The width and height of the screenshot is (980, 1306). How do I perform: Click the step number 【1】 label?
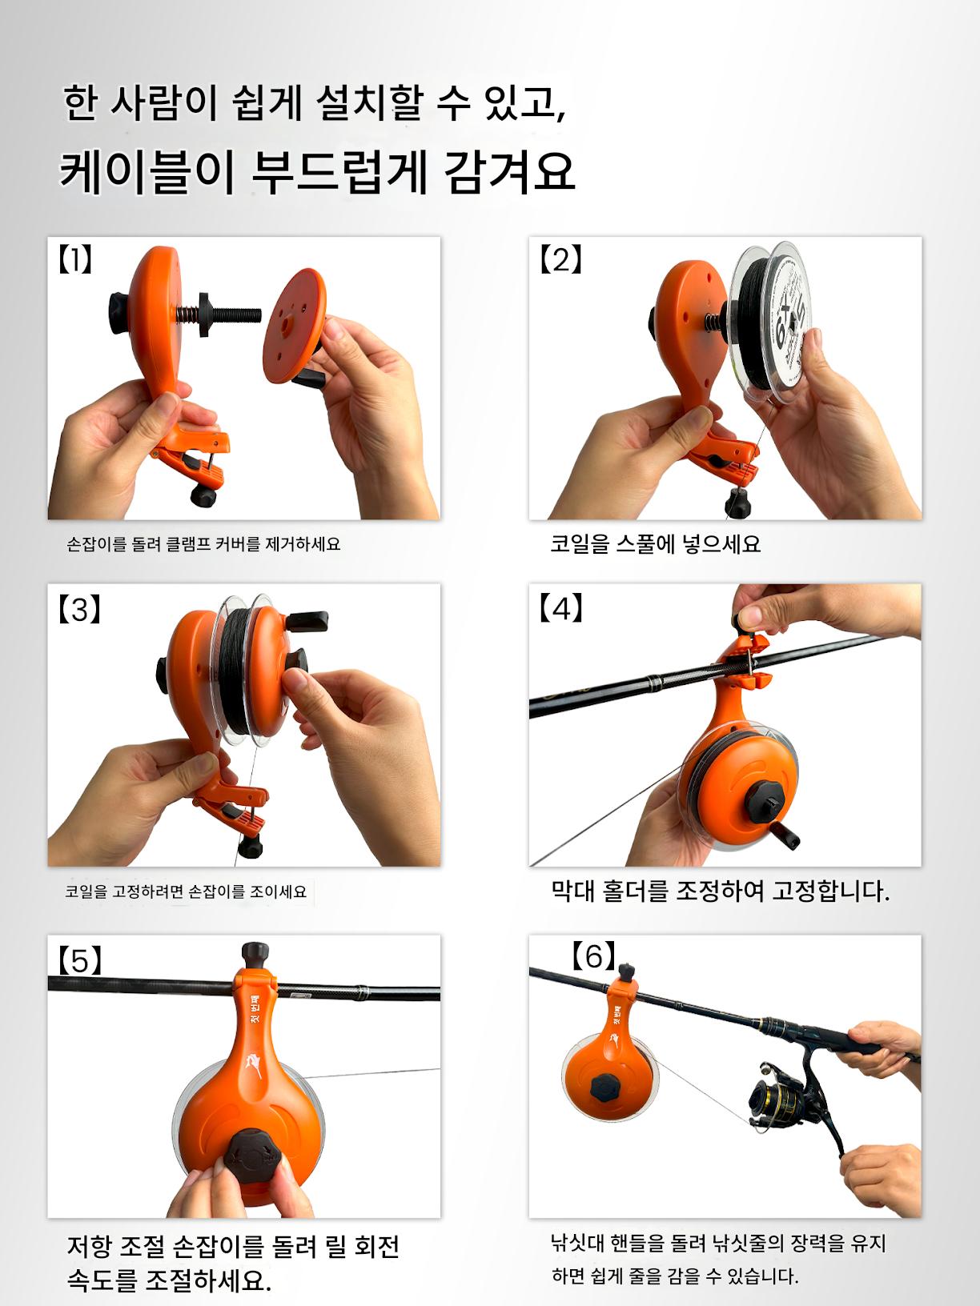(75, 260)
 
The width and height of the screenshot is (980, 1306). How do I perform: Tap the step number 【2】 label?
(560, 260)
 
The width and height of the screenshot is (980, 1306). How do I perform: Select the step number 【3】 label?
(80, 609)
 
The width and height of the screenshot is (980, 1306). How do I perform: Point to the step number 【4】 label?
(560, 608)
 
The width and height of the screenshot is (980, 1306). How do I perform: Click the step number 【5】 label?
(80, 959)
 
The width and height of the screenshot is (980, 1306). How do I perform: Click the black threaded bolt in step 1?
(229, 313)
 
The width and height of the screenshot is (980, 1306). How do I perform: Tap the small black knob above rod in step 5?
(255, 955)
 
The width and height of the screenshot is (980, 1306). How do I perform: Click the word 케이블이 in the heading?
(148, 173)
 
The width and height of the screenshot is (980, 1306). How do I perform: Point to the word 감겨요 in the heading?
(510, 172)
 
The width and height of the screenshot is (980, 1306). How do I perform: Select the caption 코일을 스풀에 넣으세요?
(655, 544)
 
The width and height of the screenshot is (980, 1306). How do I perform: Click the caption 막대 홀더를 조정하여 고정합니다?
(720, 891)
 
